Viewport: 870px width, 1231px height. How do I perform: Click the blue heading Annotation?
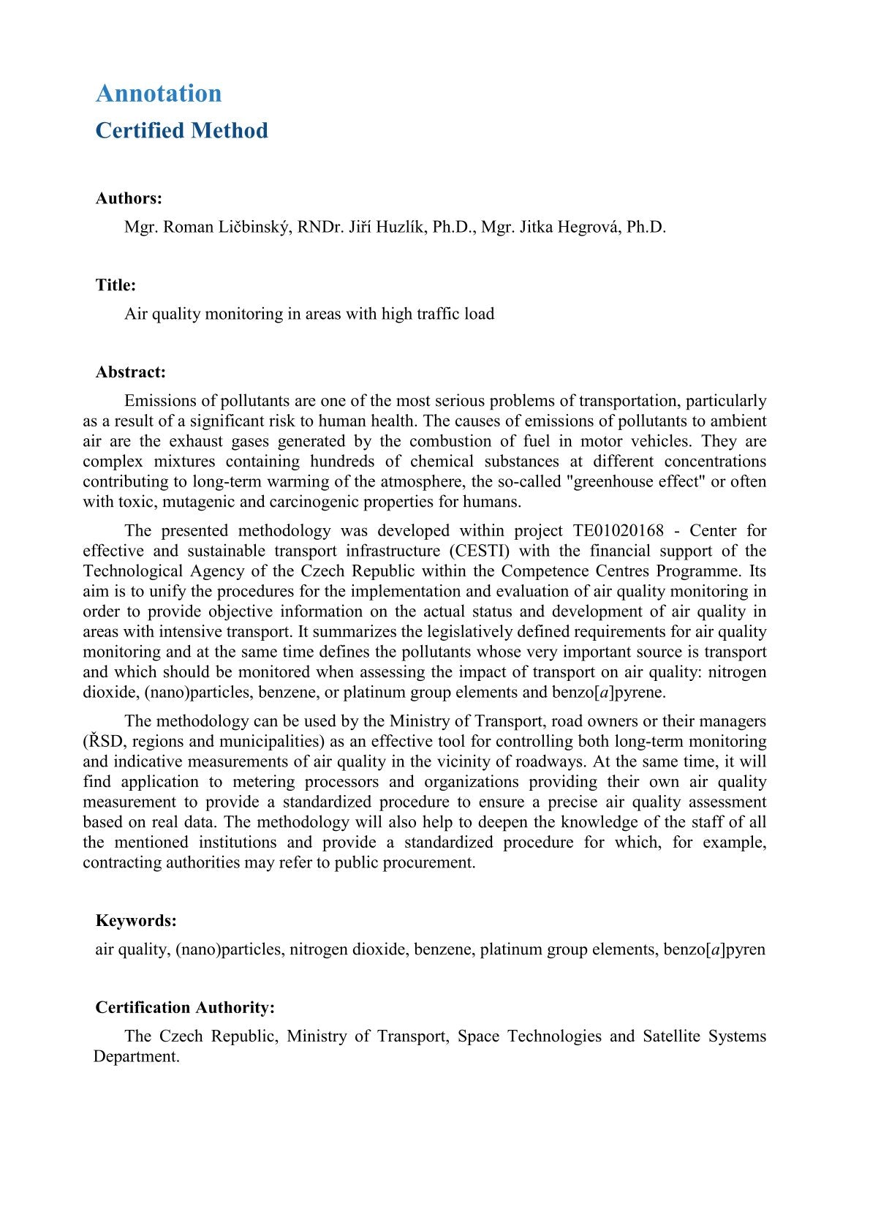tap(159, 94)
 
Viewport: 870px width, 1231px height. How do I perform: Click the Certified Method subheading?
tap(181, 131)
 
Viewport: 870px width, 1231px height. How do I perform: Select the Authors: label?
tap(129, 198)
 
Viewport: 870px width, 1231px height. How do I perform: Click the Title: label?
tap(116, 285)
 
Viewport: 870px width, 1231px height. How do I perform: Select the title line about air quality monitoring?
tap(309, 314)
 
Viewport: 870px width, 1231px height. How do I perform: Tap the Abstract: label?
tap(131, 372)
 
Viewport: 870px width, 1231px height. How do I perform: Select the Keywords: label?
tap(136, 921)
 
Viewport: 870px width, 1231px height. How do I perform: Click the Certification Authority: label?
tap(185, 1008)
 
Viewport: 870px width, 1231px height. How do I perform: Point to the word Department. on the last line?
tap(137, 1057)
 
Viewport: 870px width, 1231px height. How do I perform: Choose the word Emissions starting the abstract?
tap(160, 401)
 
